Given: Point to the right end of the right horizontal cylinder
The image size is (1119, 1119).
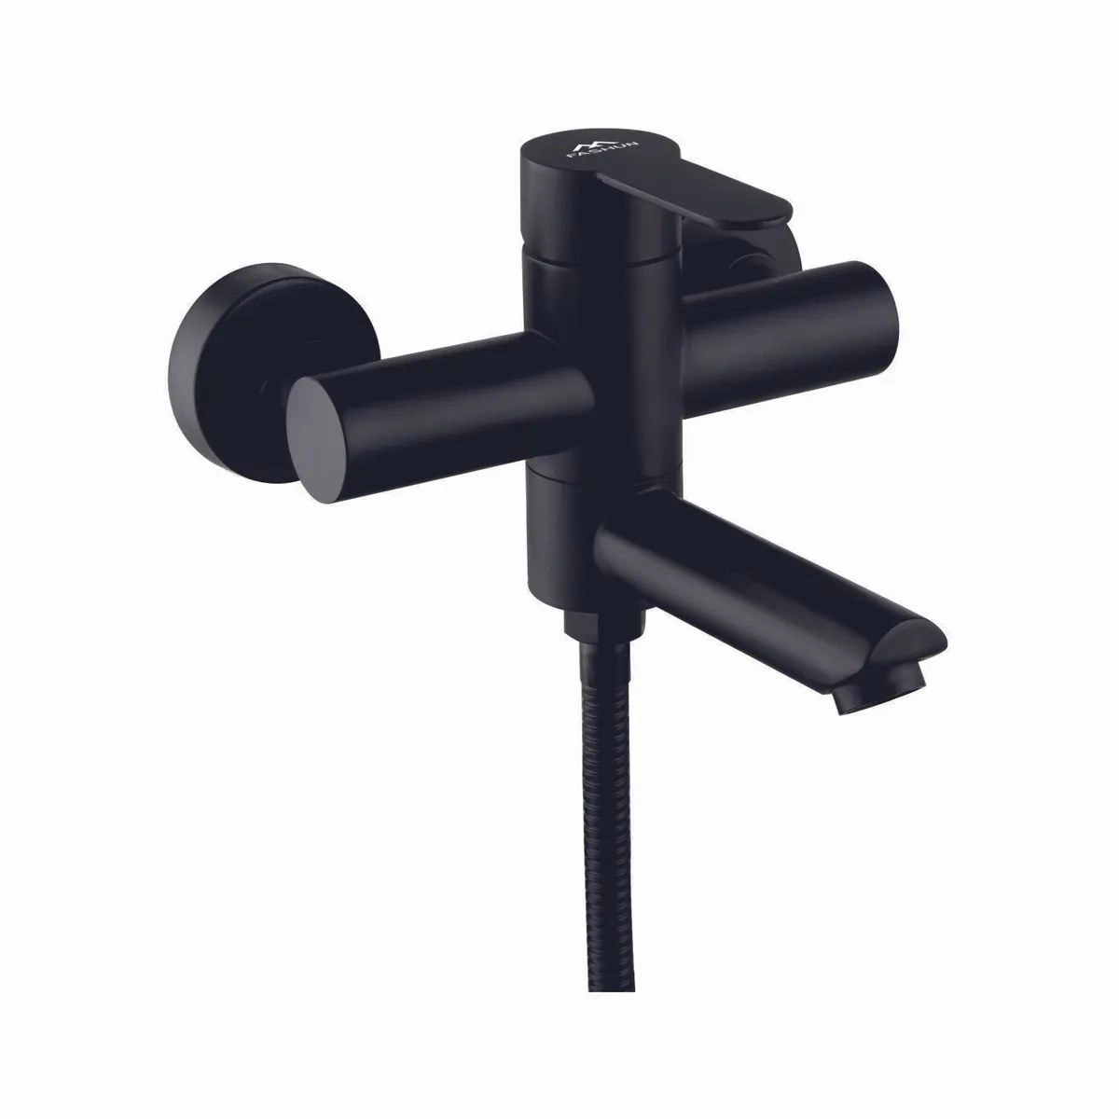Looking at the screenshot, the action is [889, 325].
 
